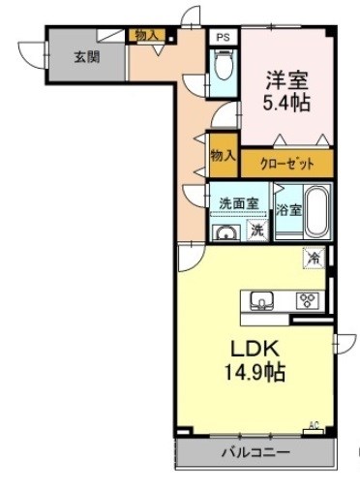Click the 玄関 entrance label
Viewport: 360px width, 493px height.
pos(87,57)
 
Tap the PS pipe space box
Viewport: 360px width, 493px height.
pos(223,37)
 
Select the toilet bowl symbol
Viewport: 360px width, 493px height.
pos(223,65)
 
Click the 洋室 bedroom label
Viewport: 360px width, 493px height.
pos(286,80)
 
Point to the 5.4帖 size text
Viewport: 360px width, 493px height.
pos(286,103)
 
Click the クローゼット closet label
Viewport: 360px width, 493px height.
pos(286,165)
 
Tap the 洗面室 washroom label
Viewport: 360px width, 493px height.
pos(239,203)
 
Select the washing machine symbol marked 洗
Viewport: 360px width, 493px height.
pos(257,230)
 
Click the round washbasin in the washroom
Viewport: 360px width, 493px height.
pos(227,232)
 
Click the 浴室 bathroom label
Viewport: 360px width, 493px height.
pos(289,211)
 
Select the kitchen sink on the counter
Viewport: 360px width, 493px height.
pos(262,301)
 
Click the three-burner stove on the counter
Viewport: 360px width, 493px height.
pos(308,300)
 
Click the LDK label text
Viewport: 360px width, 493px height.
pos(255,350)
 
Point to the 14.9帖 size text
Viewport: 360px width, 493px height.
pos(255,372)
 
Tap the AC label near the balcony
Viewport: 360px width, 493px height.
pos(314,425)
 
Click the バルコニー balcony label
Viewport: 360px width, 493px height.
pos(255,452)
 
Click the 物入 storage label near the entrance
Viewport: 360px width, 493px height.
pos(147,35)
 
